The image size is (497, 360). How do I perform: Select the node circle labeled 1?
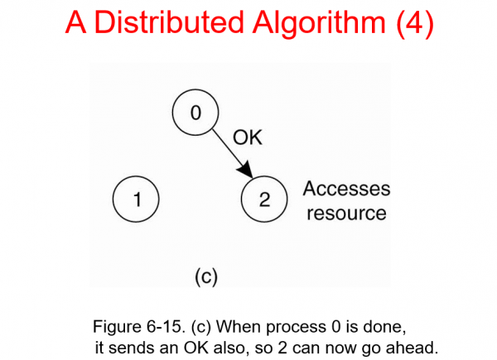tap(136, 199)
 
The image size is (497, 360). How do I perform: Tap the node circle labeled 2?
tap(263, 199)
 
